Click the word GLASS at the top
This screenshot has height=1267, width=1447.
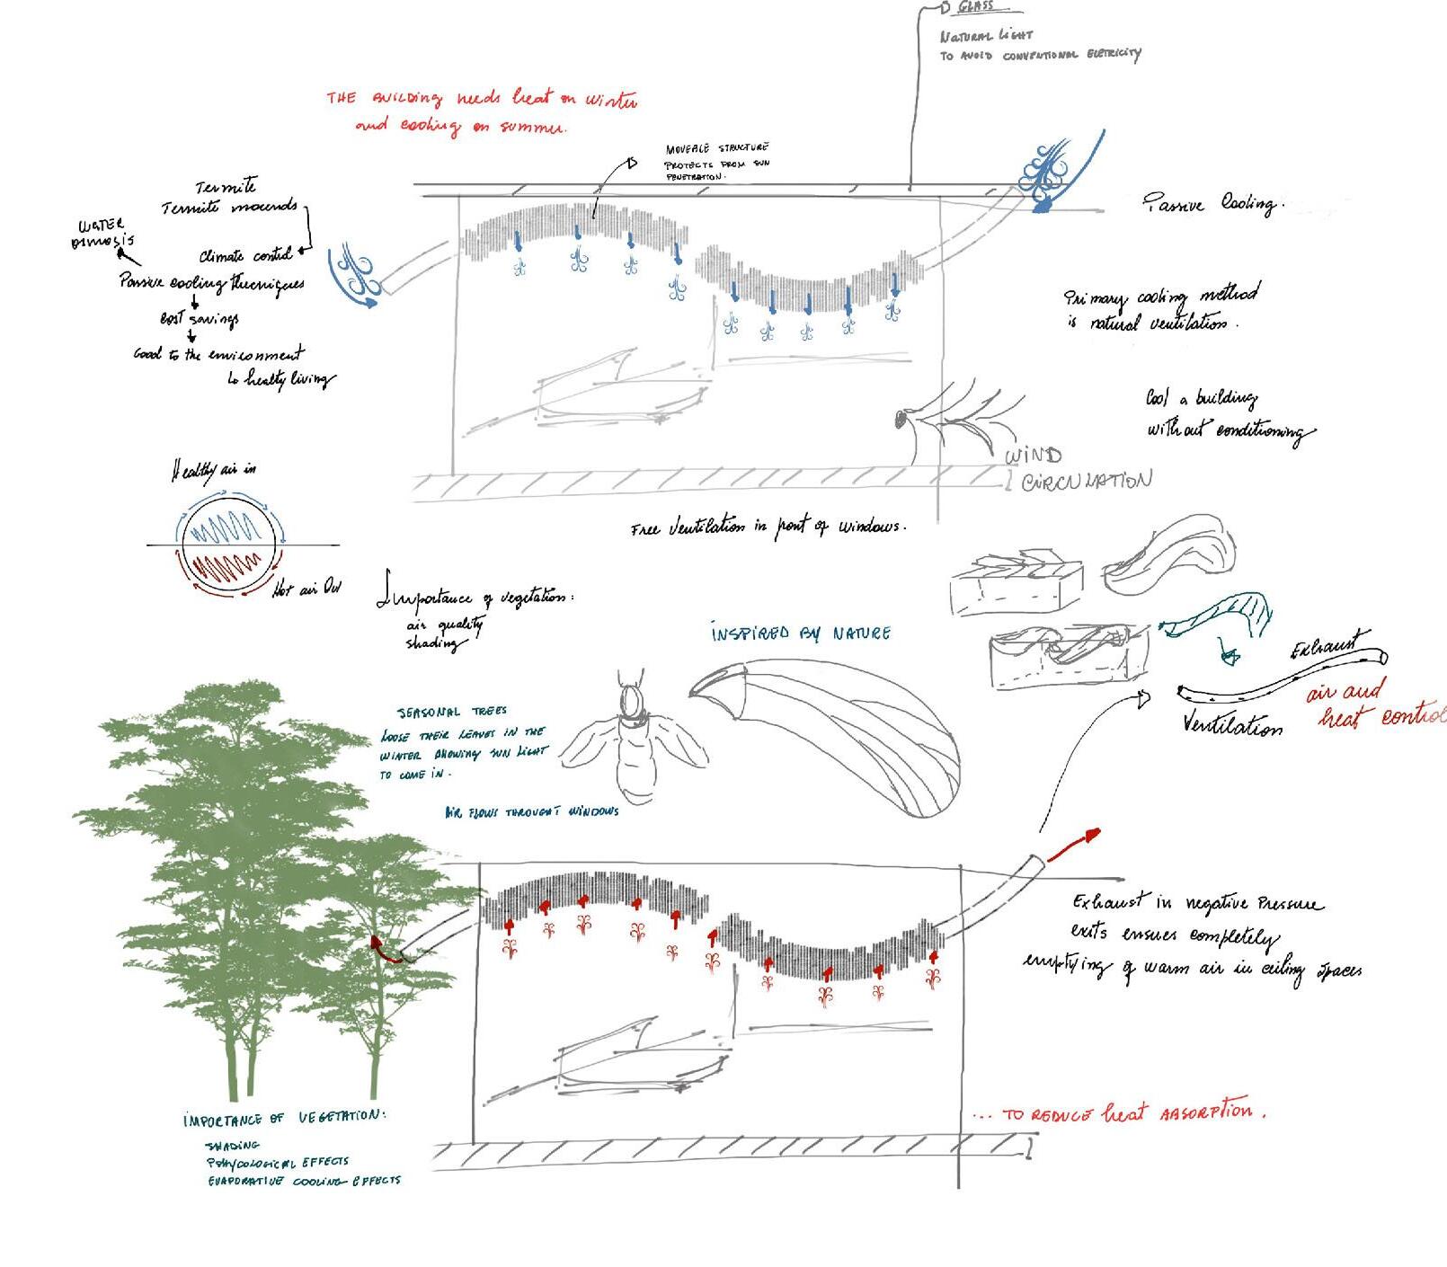point(975,7)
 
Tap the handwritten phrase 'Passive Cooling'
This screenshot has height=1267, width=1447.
point(1214,204)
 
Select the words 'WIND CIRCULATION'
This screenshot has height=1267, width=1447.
point(1076,470)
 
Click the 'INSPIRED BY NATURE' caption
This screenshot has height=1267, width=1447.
point(800,633)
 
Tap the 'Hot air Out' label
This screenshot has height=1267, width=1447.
point(306,589)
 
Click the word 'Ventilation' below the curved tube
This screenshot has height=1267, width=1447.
point(1232,724)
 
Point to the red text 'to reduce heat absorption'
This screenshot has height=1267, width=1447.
point(1120,1113)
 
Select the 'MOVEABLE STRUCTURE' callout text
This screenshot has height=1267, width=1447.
point(716,148)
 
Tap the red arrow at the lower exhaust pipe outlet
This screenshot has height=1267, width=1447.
point(1074,842)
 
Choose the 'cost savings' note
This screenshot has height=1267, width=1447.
point(199,318)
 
